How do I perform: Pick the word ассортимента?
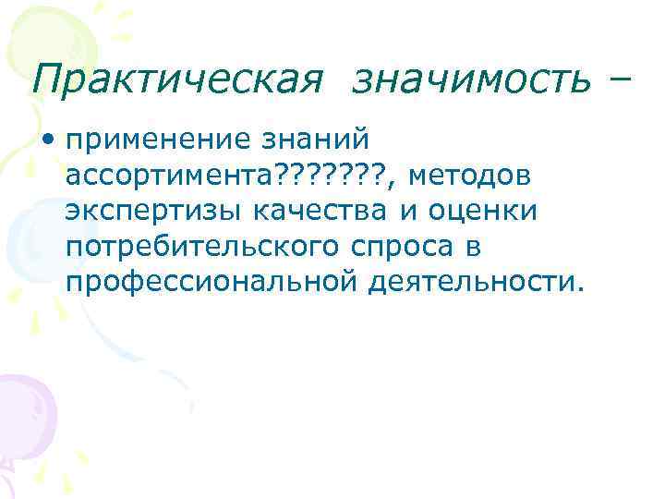162,176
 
